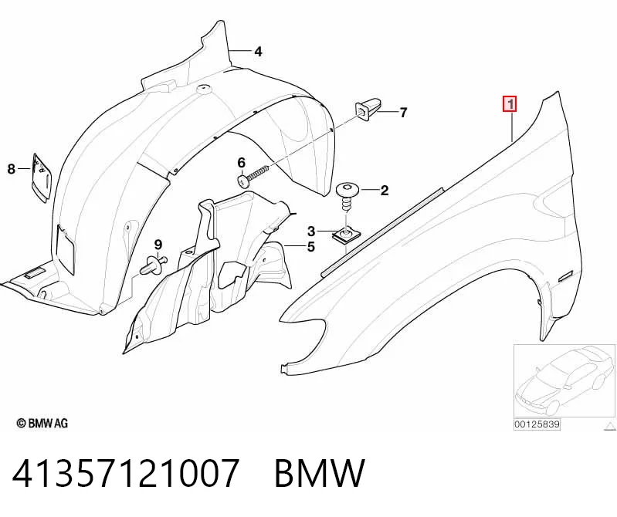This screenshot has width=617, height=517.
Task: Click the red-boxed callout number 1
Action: [510, 105]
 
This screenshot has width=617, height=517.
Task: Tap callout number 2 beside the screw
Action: [384, 191]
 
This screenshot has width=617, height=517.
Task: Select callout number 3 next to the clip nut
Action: [311, 231]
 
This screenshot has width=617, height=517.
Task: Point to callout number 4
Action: [258, 52]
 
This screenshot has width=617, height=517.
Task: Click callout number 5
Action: [311, 247]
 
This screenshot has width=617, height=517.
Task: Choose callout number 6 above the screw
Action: [241, 162]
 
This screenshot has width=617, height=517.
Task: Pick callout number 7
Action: [403, 113]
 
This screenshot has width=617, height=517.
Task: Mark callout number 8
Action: [12, 169]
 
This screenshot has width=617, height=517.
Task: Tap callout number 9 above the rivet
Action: [158, 245]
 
